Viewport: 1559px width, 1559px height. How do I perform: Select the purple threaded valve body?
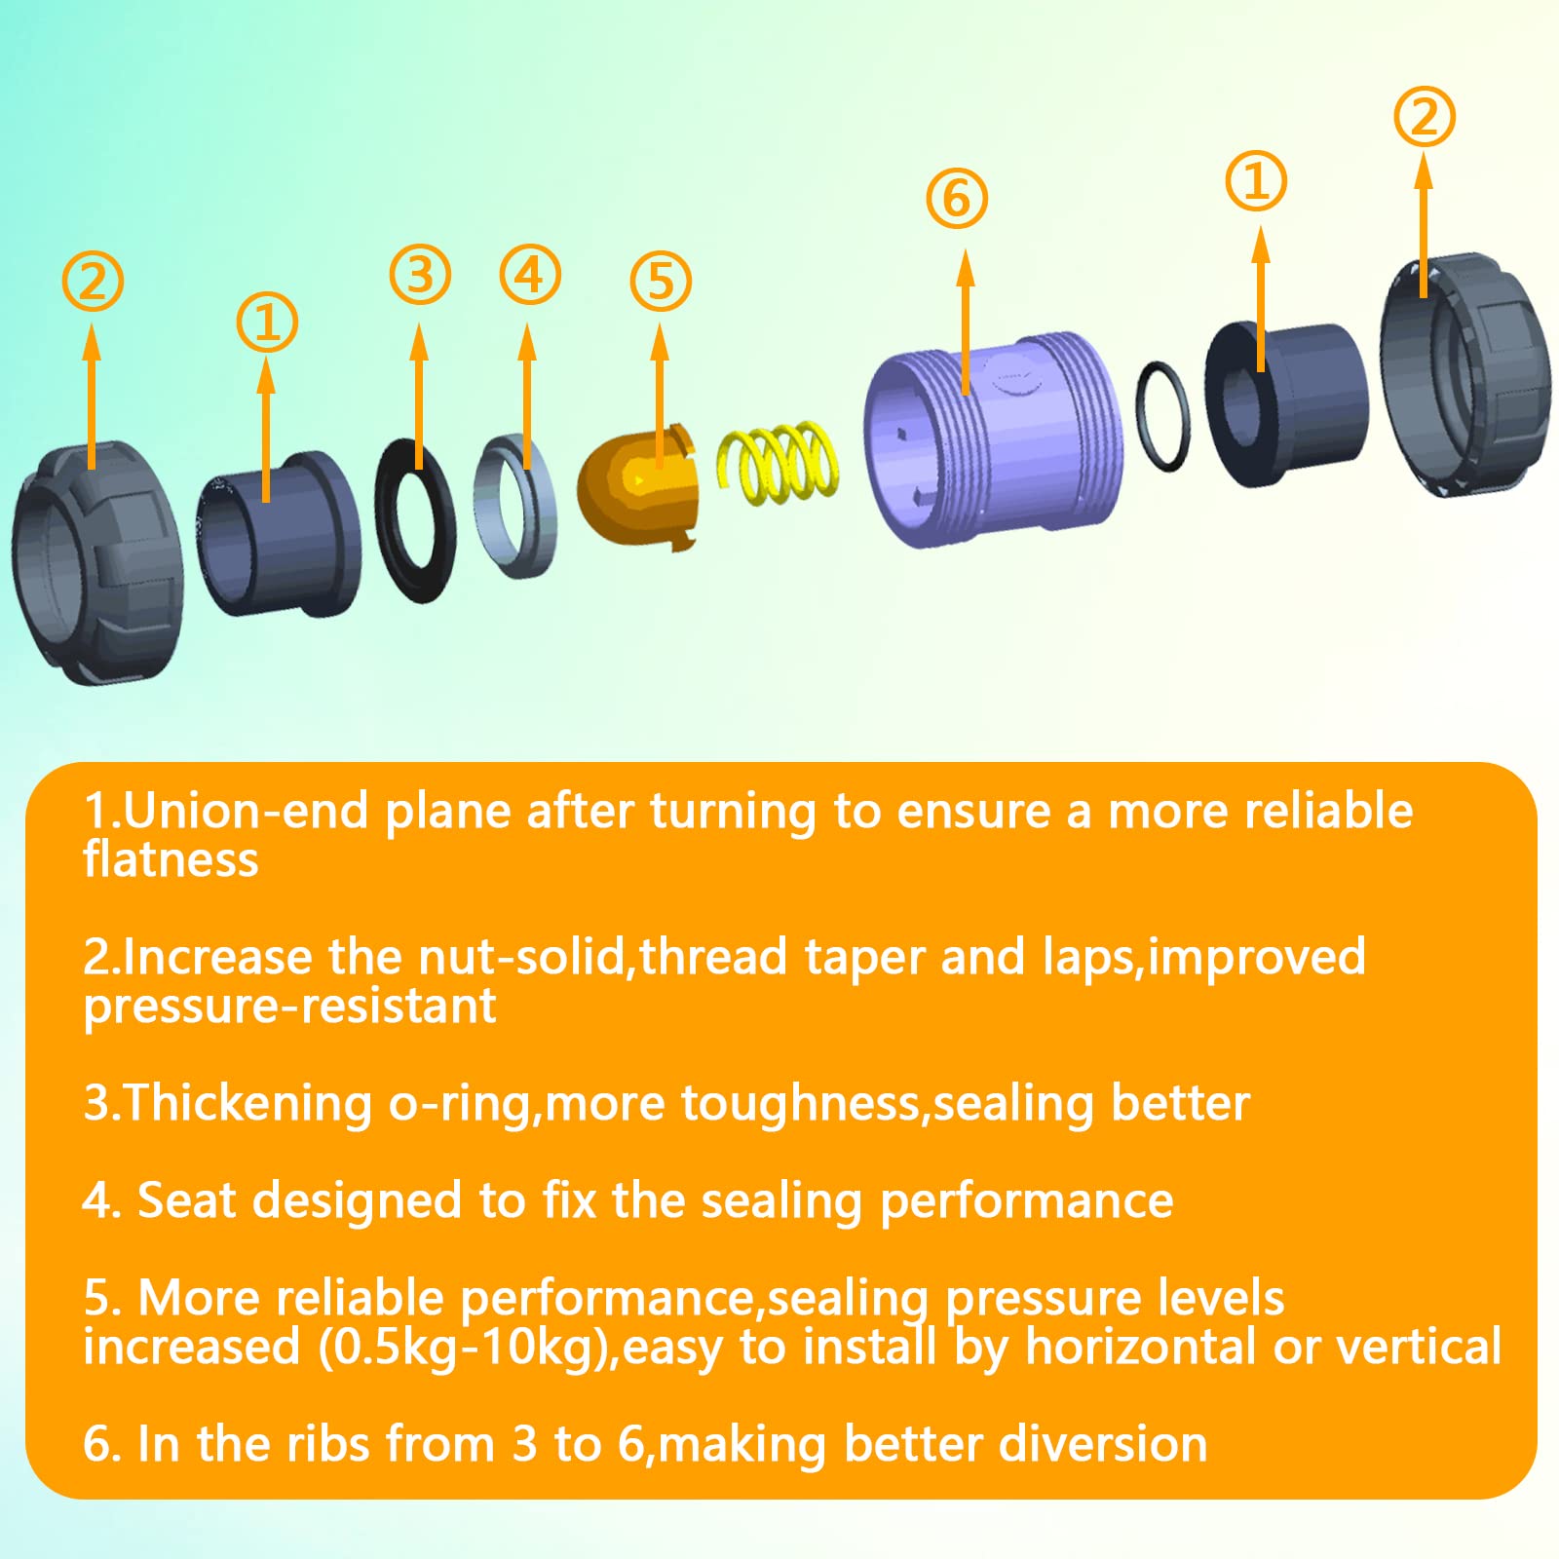point(994,438)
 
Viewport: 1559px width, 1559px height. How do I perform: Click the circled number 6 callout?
point(957,199)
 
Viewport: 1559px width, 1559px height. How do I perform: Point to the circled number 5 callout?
point(661,282)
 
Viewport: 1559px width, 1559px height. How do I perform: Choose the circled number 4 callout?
point(530,275)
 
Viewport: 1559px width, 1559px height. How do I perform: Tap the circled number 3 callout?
point(420,274)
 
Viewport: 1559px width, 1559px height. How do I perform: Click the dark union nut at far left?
point(97,565)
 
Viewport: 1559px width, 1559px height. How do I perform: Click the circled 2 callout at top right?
point(1425,117)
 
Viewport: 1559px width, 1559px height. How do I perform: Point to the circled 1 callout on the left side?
point(267,323)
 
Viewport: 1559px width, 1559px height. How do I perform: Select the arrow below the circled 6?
point(966,322)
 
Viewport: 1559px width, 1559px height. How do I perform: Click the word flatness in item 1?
point(171,859)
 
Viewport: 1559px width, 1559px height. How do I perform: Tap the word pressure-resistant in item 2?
point(289,1006)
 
